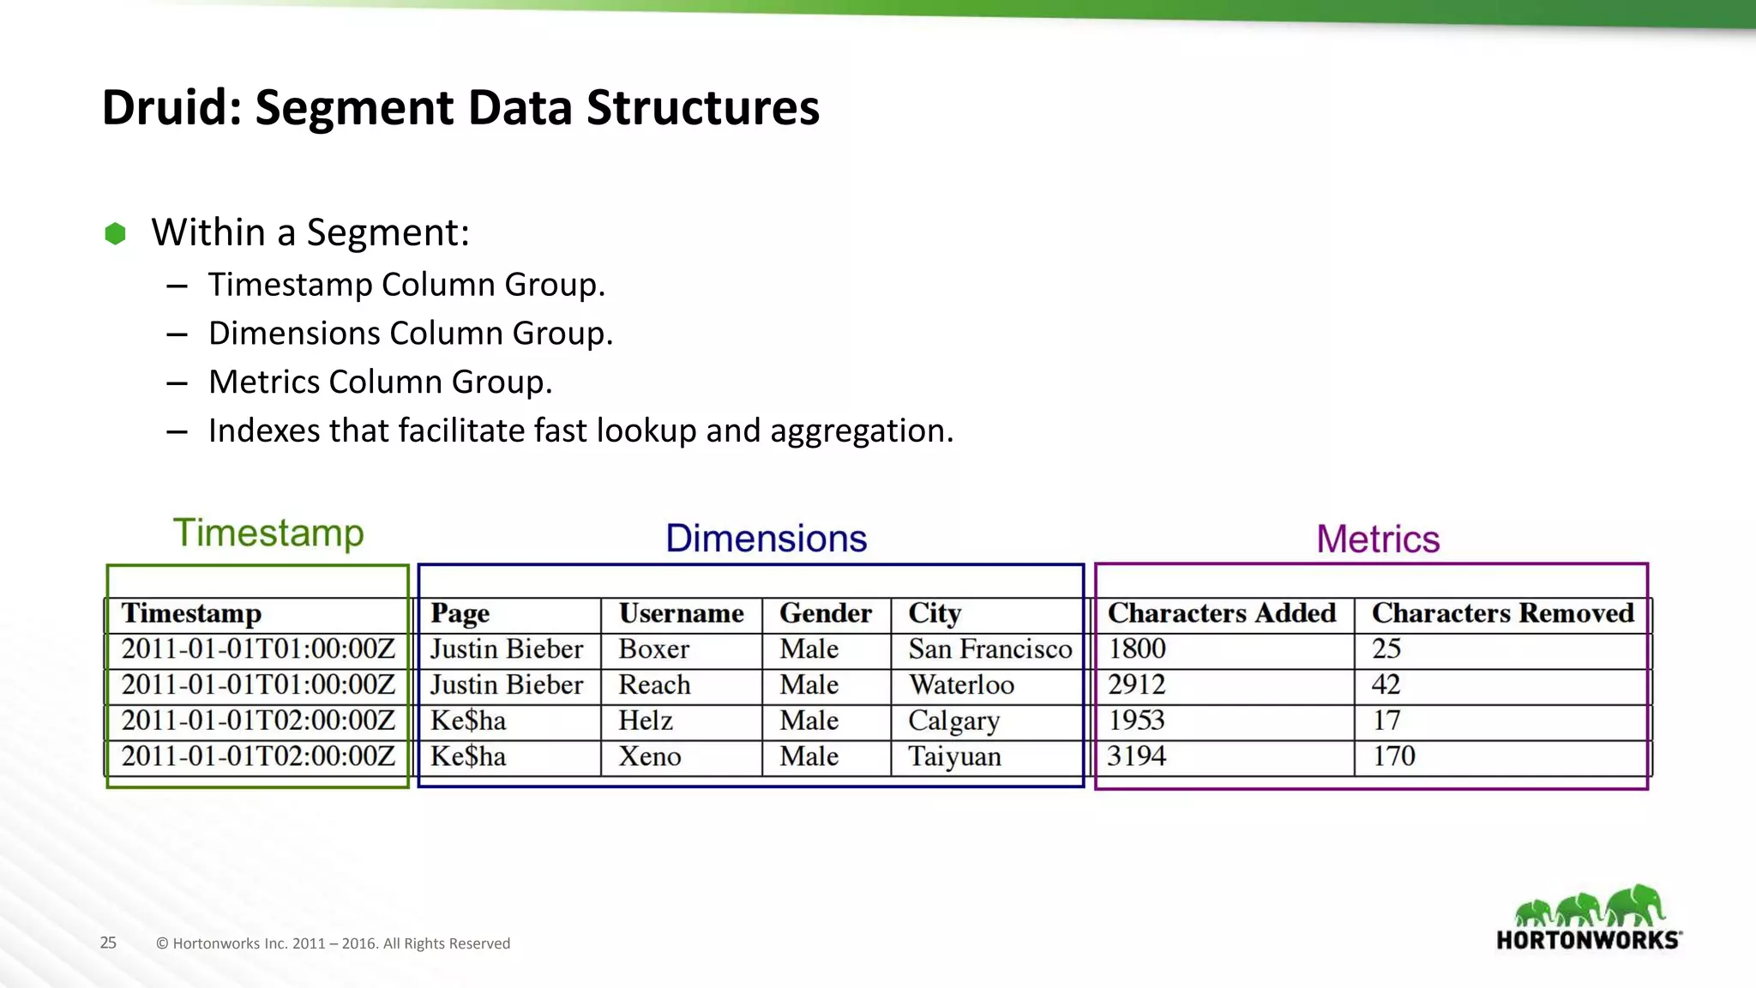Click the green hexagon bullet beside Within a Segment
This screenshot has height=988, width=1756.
pyautogui.click(x=115, y=233)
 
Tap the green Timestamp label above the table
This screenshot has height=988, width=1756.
pyautogui.click(x=268, y=533)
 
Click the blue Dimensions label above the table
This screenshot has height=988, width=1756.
pyautogui.click(x=766, y=539)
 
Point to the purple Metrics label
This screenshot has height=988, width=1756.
pyautogui.click(x=1377, y=539)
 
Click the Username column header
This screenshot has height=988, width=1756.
pyautogui.click(x=681, y=613)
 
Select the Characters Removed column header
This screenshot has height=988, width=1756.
pyautogui.click(x=1502, y=613)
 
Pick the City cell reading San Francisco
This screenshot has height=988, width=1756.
pyautogui.click(x=989, y=649)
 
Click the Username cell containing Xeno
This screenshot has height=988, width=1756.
pyautogui.click(x=650, y=756)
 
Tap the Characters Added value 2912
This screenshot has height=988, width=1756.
pyautogui.click(x=1136, y=684)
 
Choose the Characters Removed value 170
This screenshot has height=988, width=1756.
pyautogui.click(x=1393, y=756)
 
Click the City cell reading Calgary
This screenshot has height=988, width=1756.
pyautogui.click(x=953, y=720)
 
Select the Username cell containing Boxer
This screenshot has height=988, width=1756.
pyautogui.click(x=653, y=649)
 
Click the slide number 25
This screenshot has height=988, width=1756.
pyautogui.click(x=108, y=943)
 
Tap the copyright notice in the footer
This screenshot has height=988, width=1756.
pyautogui.click(x=333, y=943)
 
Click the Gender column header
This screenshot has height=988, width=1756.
pyautogui.click(x=825, y=613)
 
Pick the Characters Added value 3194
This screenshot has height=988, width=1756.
pyautogui.click(x=1136, y=756)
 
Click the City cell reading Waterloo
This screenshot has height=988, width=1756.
pyautogui.click(x=961, y=684)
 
